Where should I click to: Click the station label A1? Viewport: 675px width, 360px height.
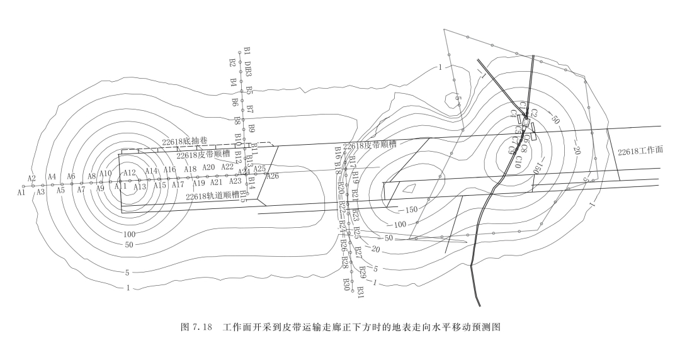(21, 193)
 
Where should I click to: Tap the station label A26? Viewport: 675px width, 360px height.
(273, 176)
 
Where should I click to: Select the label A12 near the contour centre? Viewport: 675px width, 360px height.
(130, 173)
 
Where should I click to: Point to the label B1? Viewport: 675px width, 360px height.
(247, 50)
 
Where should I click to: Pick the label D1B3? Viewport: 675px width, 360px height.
(249, 69)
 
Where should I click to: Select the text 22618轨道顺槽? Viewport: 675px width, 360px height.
(212, 196)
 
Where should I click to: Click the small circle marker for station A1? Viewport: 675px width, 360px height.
(24, 186)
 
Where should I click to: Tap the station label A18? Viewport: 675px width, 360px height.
(190, 169)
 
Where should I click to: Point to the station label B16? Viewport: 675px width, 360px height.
(338, 152)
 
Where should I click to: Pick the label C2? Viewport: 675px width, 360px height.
(534, 113)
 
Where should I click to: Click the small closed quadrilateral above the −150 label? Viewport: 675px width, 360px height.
(408, 188)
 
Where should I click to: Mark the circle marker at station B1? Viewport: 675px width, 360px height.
(239, 52)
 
